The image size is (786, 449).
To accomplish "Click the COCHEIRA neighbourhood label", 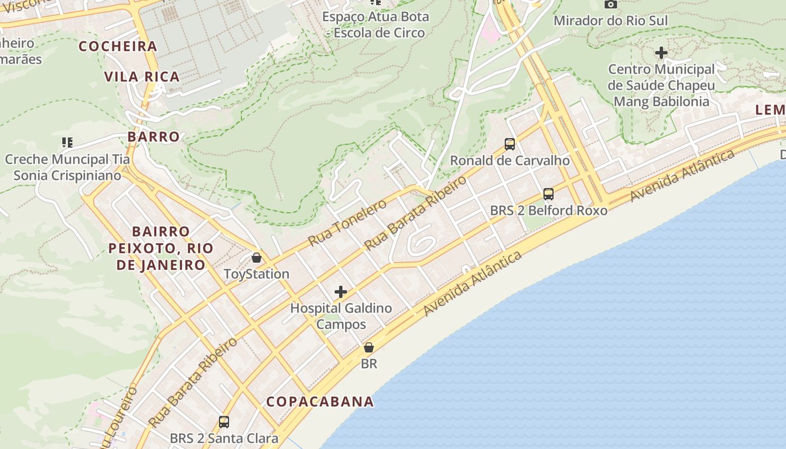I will pos(118,47).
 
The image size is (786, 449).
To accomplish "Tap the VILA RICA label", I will pos(142,77).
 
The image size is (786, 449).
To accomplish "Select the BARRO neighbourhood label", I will pos(153,137).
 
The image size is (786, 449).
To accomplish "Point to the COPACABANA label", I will pos(320,402).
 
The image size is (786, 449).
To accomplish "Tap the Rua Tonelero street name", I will pos(348,223).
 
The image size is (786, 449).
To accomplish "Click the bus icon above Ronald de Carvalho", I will pos(510,144).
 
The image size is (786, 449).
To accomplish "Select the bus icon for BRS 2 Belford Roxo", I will pos(549,194).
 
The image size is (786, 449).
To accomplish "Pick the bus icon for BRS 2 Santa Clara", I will pos(224,422).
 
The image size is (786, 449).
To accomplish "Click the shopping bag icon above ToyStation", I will pos(257,258).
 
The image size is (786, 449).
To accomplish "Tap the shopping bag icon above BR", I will pos(369,347).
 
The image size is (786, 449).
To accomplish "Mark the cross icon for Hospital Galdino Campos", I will pos(341,292).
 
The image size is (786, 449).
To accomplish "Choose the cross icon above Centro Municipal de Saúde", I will pos(661,53).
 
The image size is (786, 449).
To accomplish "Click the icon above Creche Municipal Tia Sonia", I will pos(67,143).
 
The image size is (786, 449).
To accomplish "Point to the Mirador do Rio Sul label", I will pos(611,21).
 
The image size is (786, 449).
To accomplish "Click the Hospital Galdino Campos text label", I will pos(341,316).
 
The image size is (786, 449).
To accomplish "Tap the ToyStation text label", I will pos(257,274).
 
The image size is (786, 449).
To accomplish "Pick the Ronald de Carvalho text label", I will pos(510,161).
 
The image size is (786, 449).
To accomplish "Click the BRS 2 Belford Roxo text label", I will pos(549,211).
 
